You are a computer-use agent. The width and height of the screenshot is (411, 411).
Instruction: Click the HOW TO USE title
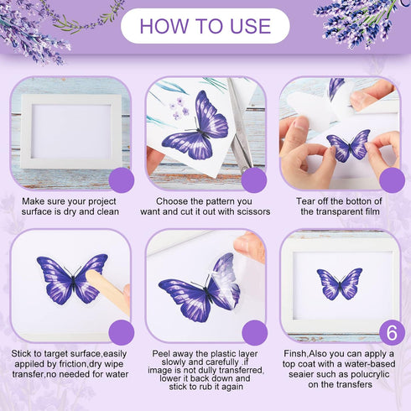pyautogui.click(x=205, y=26)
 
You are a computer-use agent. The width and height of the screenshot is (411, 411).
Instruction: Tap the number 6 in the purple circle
pyautogui.click(x=392, y=333)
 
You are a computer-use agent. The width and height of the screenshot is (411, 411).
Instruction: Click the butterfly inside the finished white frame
pyautogui.click(x=340, y=284)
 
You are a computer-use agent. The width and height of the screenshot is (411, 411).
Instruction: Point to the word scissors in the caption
pyautogui.click(x=253, y=211)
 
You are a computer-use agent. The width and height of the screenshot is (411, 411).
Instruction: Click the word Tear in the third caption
pyautogui.click(x=305, y=201)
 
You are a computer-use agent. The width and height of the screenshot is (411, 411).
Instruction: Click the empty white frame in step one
pyautogui.click(x=71, y=131)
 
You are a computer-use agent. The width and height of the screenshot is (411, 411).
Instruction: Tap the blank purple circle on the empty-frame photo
pyautogui.click(x=122, y=180)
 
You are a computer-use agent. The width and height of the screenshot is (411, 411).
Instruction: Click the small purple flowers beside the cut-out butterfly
pyautogui.click(x=179, y=108)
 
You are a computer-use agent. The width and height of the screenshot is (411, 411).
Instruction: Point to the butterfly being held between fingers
pyautogui.click(x=349, y=145)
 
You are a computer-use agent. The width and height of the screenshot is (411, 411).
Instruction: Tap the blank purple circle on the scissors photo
pyautogui.click(x=254, y=180)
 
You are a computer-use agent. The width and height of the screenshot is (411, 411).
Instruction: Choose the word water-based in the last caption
pyautogui.click(x=370, y=364)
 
